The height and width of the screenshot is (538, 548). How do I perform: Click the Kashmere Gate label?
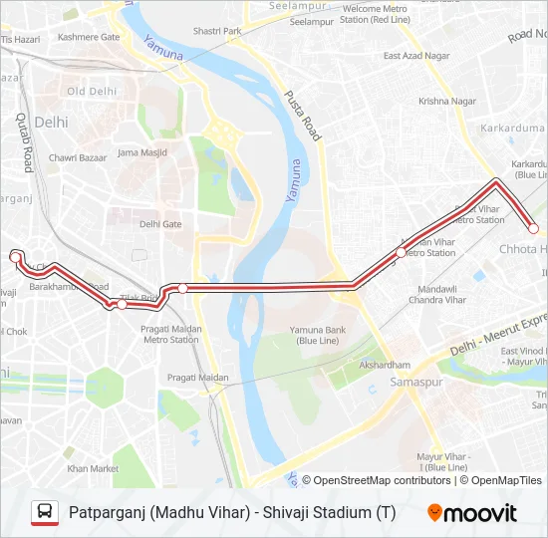89,37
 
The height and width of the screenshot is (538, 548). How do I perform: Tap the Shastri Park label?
218,31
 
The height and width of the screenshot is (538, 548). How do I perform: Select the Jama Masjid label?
141,152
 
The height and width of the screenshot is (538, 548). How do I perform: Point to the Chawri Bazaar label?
77,157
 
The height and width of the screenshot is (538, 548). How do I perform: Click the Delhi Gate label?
160,224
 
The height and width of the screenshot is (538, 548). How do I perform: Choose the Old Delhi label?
92,92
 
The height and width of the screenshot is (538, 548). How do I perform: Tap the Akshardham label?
385,366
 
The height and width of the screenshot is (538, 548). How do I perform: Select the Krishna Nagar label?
447,101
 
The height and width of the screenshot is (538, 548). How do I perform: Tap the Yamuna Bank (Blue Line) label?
319,335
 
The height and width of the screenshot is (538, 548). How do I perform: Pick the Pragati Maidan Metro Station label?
171,334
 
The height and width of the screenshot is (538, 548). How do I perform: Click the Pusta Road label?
306,116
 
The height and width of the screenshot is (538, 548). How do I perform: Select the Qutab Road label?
25,140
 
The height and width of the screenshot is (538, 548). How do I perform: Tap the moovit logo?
472,513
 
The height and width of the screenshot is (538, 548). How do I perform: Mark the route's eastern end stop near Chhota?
533,229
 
